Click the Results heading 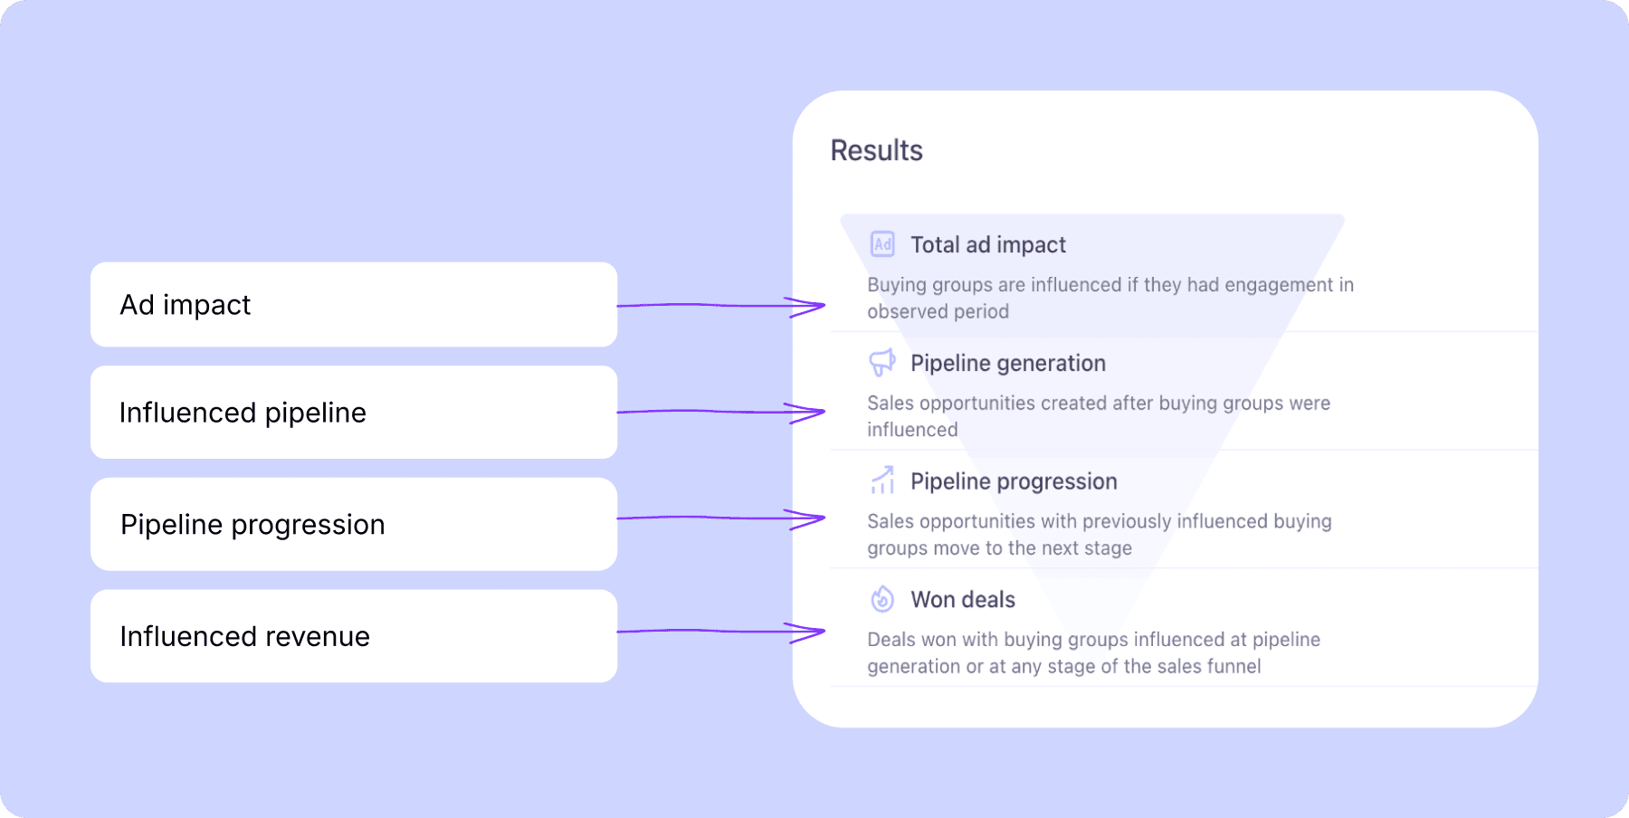point(876,150)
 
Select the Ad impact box point(354,305)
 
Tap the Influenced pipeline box point(354,413)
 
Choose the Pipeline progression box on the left point(354,524)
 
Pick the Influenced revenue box point(354,636)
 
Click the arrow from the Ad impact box point(721,306)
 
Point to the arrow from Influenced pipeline point(721,412)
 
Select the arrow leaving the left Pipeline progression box point(721,518)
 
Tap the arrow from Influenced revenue point(721,632)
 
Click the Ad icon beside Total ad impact point(882,244)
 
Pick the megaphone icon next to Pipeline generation point(882,363)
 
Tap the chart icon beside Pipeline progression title point(882,480)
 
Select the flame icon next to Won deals point(882,599)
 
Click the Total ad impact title point(988,245)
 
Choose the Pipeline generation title point(1008,364)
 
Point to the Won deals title point(963,600)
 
